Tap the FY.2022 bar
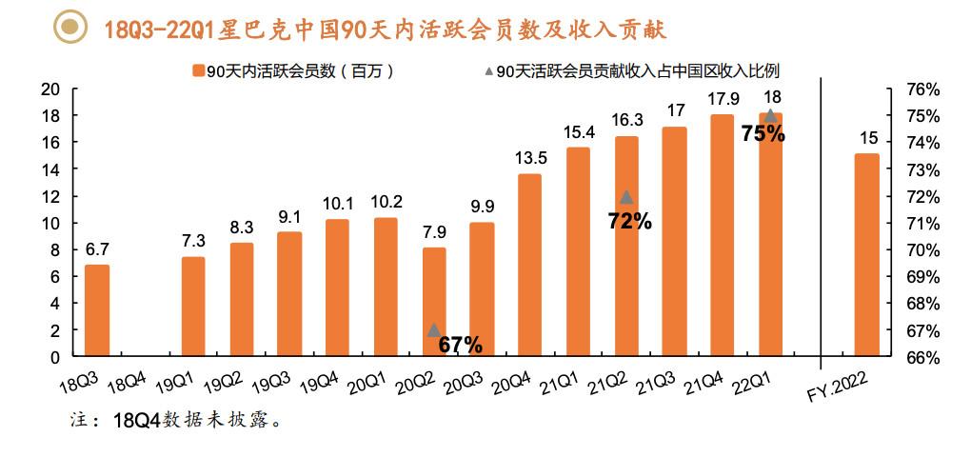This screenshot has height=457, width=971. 866,254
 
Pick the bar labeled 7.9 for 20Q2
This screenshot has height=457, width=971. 434,302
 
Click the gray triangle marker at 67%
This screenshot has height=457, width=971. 434,329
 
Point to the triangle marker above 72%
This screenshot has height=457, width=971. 626,197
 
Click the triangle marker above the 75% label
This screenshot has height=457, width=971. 771,115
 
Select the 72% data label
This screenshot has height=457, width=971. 629,222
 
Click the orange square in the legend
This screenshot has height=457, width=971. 198,70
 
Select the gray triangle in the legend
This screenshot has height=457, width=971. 487,70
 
